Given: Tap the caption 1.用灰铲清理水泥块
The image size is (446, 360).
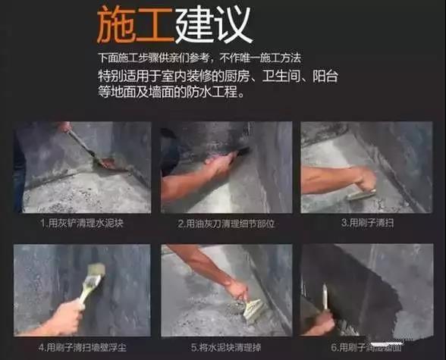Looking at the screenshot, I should pyautogui.click(x=77, y=224).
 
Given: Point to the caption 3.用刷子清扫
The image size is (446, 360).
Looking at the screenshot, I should pyautogui.click(x=367, y=223).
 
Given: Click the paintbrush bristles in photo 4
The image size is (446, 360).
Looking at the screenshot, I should pyautogui.click(x=95, y=272).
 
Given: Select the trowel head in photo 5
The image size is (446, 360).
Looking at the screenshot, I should pyautogui.click(x=253, y=308).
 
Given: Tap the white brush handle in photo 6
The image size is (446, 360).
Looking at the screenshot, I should pyautogui.click(x=325, y=296).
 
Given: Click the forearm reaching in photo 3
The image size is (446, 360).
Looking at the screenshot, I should pyautogui.click(x=326, y=180).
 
